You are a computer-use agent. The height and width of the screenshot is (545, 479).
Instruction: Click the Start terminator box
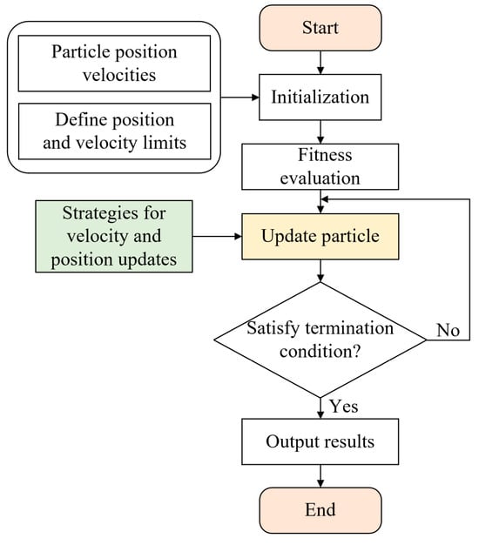point(320,28)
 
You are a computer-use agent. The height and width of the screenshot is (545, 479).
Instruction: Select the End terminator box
point(320,510)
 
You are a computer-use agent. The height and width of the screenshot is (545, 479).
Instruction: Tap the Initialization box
point(320,97)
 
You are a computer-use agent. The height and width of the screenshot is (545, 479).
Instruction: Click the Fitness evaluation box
point(320,166)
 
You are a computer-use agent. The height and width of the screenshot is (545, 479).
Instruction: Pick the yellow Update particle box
point(320,236)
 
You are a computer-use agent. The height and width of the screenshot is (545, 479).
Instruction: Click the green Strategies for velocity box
point(114,236)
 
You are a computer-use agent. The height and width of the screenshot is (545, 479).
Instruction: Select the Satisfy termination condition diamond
point(320,340)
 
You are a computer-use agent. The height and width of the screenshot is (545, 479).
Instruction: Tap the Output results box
point(320,441)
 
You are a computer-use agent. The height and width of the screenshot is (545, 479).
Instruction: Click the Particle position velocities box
point(114,64)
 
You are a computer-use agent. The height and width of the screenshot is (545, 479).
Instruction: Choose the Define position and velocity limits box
point(114,131)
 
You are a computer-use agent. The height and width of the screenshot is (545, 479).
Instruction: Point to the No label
point(448,330)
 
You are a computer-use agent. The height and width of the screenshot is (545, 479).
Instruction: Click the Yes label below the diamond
point(344,406)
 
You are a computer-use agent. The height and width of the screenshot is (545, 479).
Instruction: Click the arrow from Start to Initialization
point(320,63)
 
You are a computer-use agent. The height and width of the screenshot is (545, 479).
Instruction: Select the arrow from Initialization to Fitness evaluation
point(320,131)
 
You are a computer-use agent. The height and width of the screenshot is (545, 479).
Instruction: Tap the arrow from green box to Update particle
point(217,237)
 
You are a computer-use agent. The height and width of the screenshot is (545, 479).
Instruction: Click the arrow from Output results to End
point(320,476)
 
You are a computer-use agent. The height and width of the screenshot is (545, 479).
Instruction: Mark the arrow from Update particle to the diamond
point(320,271)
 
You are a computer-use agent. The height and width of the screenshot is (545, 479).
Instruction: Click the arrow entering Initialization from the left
point(239,98)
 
